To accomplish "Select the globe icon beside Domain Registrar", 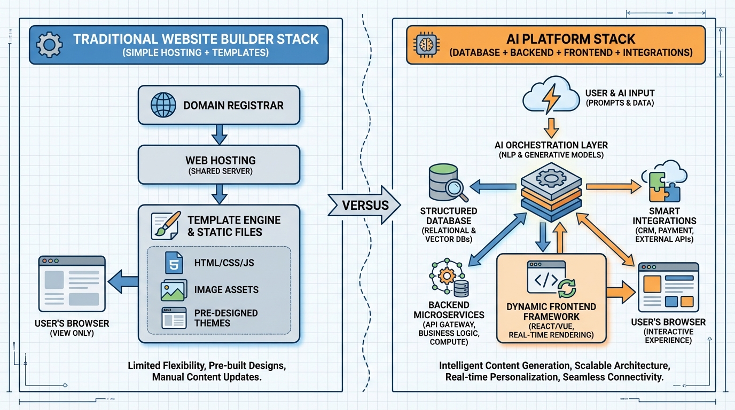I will click(162, 105).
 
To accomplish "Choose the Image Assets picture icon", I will click(174, 290).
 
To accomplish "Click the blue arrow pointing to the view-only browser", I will click(123, 281).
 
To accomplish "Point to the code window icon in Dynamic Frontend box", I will click(546, 277).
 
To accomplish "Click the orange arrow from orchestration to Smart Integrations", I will click(613, 186).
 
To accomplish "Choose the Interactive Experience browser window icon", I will click(668, 287).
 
